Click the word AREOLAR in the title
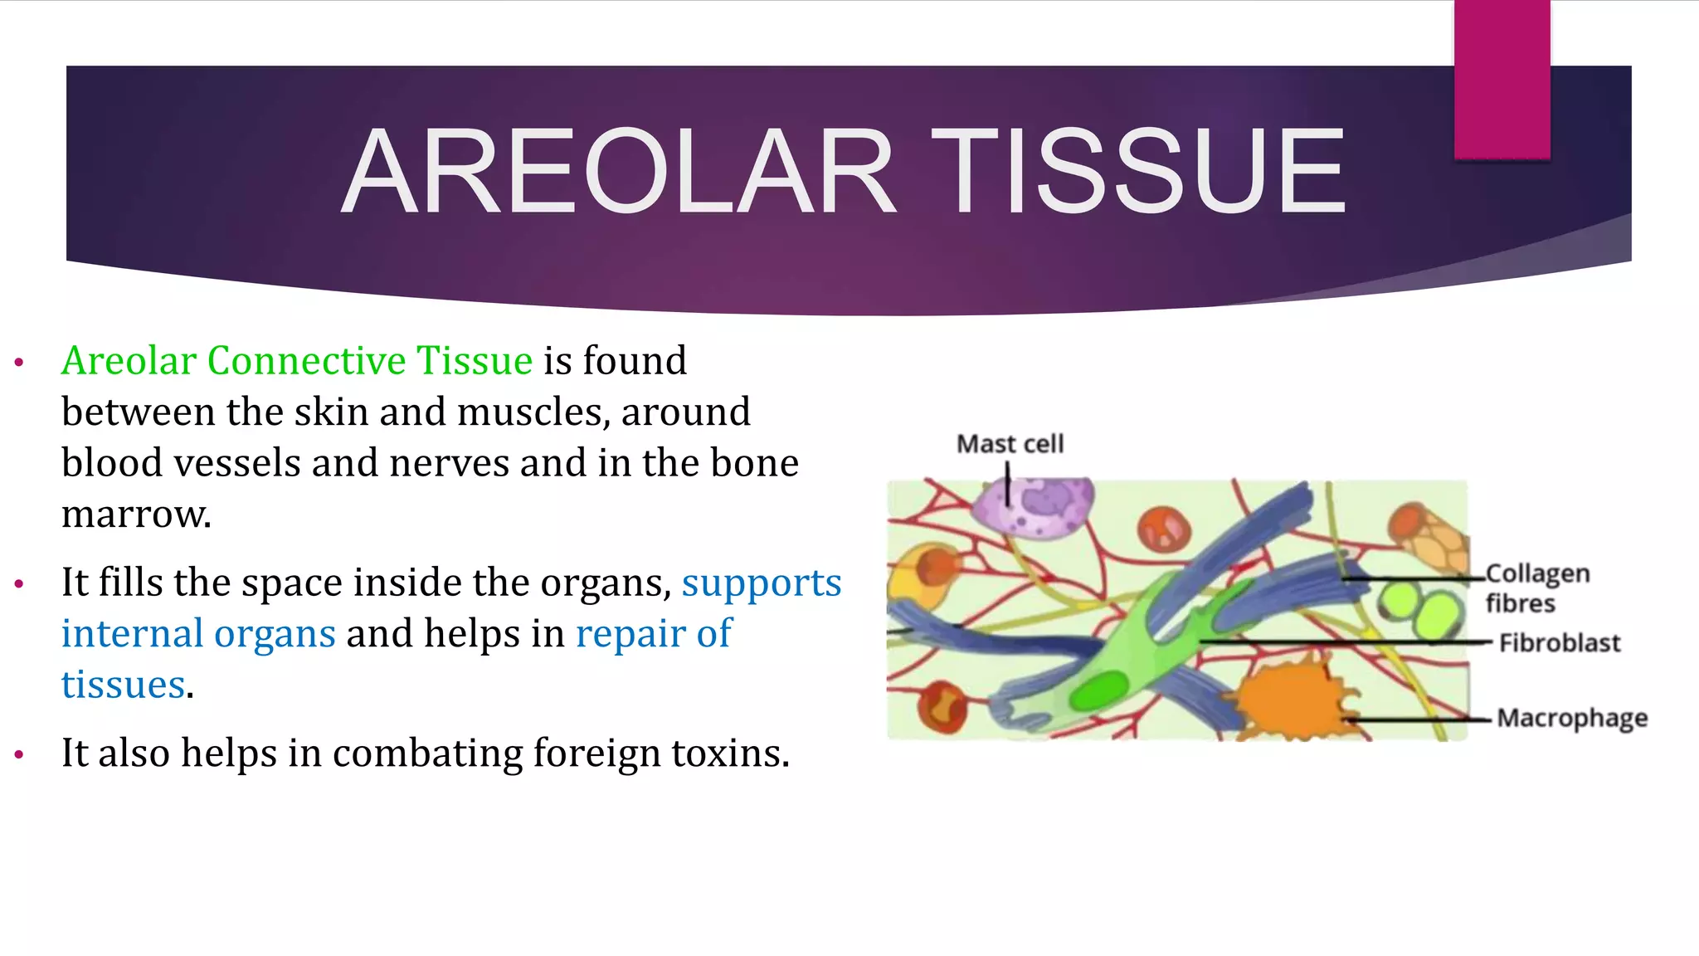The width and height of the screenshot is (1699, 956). click(618, 172)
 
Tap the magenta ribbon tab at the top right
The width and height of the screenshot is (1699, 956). click(1502, 79)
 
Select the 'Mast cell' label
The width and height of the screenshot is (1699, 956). click(1010, 444)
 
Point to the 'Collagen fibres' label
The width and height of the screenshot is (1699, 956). click(1536, 588)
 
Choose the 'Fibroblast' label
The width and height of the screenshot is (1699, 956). click(1559, 643)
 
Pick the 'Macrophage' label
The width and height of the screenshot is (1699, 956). click(1571, 718)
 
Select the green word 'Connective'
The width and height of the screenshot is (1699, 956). click(306, 361)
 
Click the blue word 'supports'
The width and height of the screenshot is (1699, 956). click(762, 583)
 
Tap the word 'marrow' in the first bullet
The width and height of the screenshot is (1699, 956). click(135, 515)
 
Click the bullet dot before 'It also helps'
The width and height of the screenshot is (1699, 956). click(19, 754)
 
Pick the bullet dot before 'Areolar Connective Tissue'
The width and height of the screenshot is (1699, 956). click(19, 362)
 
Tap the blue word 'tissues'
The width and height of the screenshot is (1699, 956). click(123, 685)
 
